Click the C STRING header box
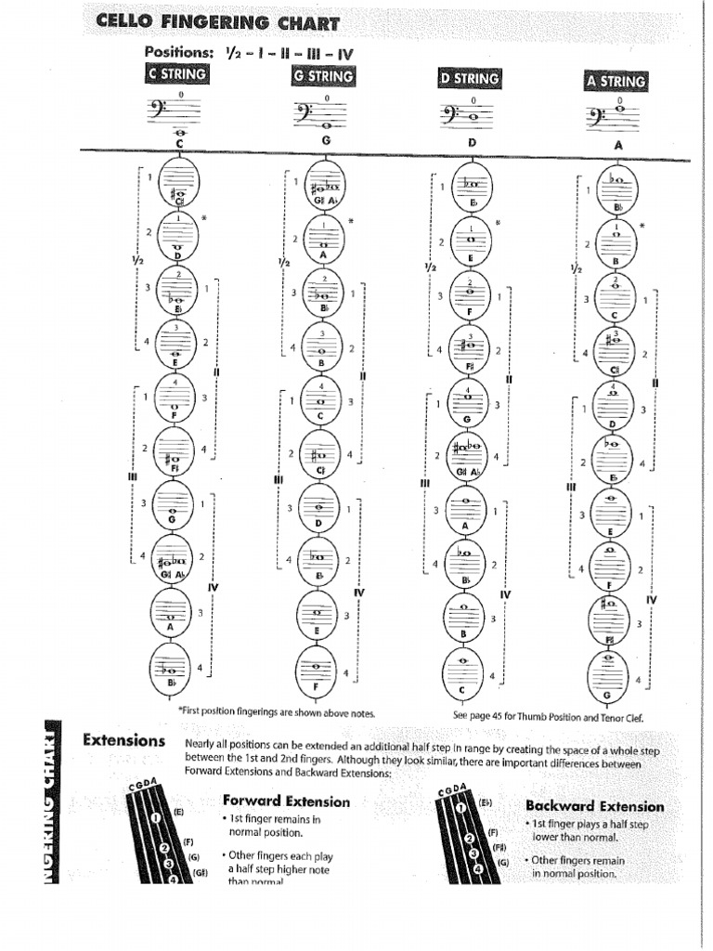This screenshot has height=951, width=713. tap(176, 74)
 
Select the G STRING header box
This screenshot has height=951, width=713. tap(323, 75)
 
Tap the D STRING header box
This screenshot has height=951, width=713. tap(469, 78)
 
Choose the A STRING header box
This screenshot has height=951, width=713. tap(616, 81)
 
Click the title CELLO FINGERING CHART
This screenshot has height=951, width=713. tap(218, 23)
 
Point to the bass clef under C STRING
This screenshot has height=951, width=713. tap(156, 111)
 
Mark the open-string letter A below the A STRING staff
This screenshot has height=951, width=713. tap(617, 146)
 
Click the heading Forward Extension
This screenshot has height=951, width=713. tap(286, 801)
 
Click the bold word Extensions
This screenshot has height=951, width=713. tap(123, 740)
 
